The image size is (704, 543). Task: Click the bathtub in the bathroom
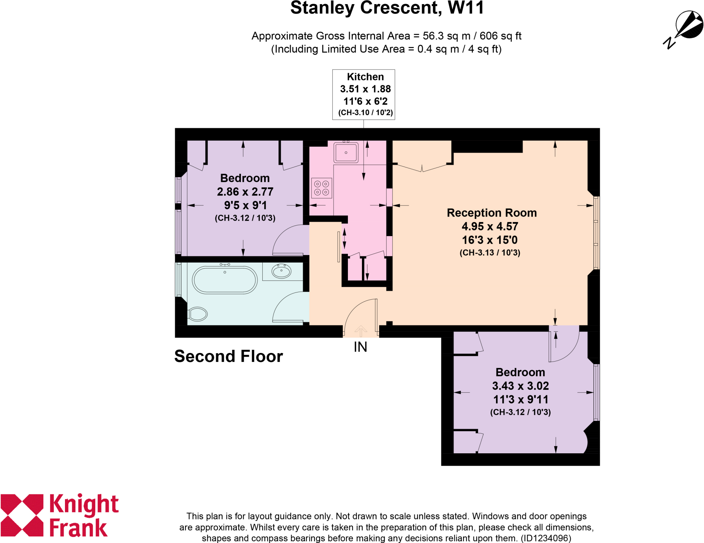tap(225, 280)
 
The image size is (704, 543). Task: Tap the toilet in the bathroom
tap(198, 314)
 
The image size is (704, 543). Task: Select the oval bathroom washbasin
tap(282, 271)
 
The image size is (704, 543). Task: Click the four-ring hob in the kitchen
tap(322, 188)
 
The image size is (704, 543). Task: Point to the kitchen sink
tap(346, 152)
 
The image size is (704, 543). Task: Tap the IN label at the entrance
tap(360, 347)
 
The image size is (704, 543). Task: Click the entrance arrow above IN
tap(361, 331)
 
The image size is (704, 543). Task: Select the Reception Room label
tap(492, 213)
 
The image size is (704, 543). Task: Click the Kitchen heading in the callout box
tap(365, 77)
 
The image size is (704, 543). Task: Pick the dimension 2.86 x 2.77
tap(245, 192)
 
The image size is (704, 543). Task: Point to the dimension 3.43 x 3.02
tap(520, 386)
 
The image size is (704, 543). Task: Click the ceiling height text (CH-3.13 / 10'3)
tap(490, 253)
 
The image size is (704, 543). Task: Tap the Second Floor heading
tap(229, 356)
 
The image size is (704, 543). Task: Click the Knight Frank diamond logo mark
tap(22, 515)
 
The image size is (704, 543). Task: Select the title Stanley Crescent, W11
tap(387, 8)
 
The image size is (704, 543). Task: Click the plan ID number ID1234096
tap(546, 538)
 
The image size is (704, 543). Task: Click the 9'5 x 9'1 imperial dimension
tap(245, 205)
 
